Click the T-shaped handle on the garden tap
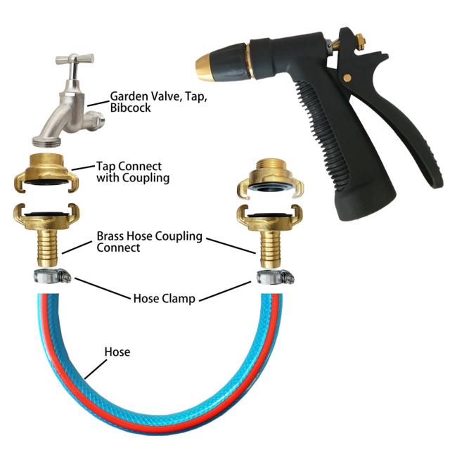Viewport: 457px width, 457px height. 75,59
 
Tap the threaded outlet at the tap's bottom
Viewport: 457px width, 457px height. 47,141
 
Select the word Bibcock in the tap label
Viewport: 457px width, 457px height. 130,108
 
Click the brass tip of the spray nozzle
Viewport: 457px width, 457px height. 205,67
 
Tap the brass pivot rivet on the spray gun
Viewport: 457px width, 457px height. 347,78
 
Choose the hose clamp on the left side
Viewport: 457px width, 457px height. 53,276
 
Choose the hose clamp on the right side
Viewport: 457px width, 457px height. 276,276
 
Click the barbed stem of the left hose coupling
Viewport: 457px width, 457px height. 47,247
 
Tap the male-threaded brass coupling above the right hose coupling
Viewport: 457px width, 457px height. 271,179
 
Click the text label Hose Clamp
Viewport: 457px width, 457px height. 165,299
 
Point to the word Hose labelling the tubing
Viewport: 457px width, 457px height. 117,352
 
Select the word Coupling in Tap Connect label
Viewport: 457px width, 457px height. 146,178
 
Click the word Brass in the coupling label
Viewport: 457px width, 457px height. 110,236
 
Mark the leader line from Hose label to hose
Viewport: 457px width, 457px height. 96,369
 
